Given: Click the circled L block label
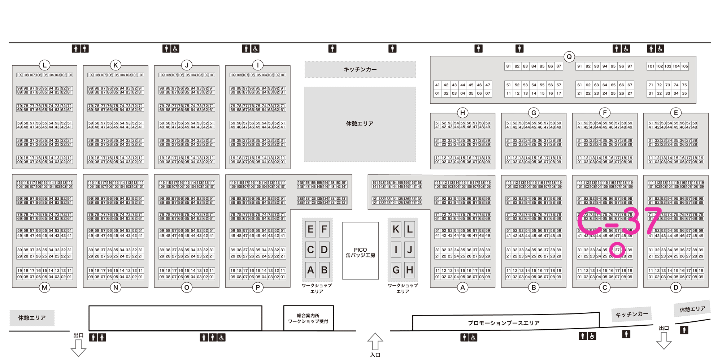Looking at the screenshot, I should [x=44, y=65].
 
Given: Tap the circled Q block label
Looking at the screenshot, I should [x=569, y=57].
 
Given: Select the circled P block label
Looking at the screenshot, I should [x=258, y=288].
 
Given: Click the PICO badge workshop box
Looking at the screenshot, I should [x=360, y=251].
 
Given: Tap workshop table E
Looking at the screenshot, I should [x=310, y=229].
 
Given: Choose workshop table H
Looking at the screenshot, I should [x=410, y=270].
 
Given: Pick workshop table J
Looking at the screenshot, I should [x=410, y=250].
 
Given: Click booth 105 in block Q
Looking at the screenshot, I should [x=684, y=66].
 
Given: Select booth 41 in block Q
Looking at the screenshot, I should [x=438, y=85].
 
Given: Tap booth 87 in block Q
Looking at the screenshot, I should [x=559, y=66].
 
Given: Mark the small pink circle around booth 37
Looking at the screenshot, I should [x=617, y=250].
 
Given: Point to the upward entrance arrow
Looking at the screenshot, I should [x=375, y=341].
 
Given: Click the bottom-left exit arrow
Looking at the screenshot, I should [x=78, y=348].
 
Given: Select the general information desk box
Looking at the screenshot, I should [x=308, y=318].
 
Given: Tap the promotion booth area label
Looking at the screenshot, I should [x=504, y=323].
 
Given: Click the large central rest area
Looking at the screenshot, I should [x=360, y=124].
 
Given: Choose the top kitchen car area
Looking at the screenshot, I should [x=360, y=69].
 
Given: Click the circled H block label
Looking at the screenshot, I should [x=462, y=113].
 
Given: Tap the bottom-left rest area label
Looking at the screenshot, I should [x=32, y=318].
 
